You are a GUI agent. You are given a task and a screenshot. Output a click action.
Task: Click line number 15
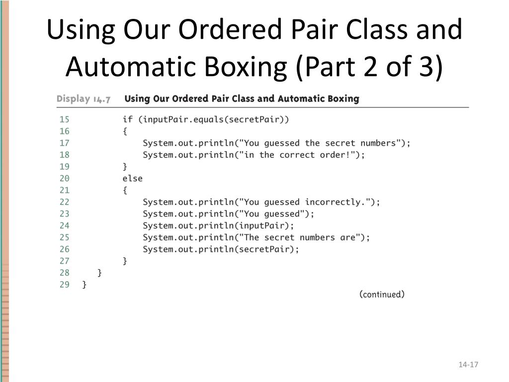click(65, 119)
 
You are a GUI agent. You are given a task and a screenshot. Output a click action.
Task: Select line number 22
click(65, 202)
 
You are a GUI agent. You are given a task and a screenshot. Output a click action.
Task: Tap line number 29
click(65, 285)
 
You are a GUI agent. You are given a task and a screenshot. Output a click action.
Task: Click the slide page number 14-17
click(468, 365)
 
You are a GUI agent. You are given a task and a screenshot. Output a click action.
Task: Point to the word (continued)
click(382, 294)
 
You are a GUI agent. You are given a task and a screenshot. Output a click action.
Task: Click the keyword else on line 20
click(132, 178)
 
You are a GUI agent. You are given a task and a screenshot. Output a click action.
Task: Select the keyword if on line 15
click(128, 119)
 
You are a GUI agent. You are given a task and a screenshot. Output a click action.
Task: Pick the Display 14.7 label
click(83, 98)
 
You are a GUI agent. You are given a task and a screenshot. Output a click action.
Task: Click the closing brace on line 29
click(85, 285)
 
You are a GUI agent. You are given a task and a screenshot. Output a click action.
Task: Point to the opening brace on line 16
click(125, 131)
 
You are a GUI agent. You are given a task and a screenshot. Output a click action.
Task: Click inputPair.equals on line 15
click(186, 119)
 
